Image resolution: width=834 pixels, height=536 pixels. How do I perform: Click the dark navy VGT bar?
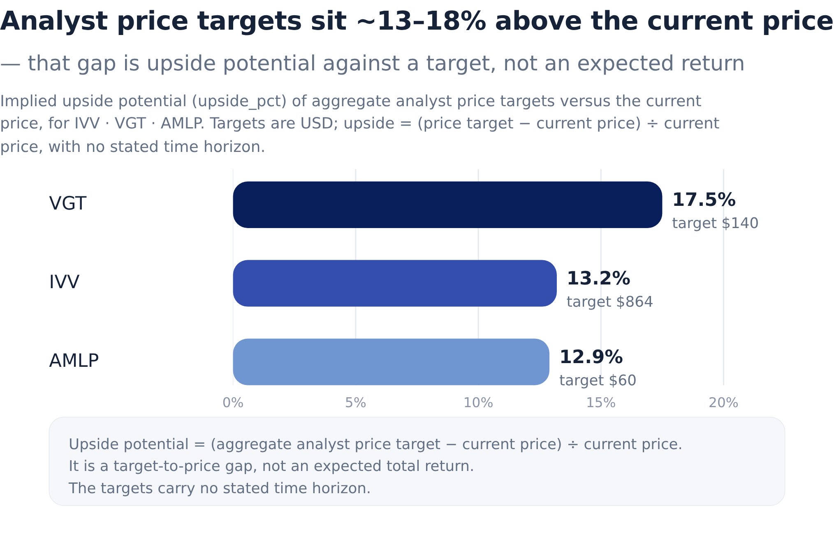447,205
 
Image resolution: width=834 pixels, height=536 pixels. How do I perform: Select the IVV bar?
395,283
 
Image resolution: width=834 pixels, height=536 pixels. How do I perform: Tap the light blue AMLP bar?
391,362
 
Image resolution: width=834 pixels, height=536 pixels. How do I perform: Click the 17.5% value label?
704,200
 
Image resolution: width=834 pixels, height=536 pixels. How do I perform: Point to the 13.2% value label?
598,279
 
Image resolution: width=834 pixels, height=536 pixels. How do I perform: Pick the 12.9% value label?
591,357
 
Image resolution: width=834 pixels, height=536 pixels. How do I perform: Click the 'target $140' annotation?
715,224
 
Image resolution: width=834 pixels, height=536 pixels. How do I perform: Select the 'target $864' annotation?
609,302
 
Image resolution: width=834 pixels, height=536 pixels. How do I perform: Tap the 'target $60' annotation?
598,381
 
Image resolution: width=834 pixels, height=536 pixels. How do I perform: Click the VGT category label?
68,204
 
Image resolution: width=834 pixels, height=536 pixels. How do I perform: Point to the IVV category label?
64,282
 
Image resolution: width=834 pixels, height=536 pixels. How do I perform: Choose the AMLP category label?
74,361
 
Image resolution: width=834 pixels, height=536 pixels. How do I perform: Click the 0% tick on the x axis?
233,403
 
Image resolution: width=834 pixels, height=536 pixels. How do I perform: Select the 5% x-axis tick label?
356,403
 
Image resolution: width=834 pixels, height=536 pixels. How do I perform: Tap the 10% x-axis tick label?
478,403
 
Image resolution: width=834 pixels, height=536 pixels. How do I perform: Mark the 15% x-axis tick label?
601,403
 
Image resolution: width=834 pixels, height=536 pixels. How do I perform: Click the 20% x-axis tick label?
723,403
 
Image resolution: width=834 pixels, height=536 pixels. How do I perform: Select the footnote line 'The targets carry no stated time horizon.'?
220,489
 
